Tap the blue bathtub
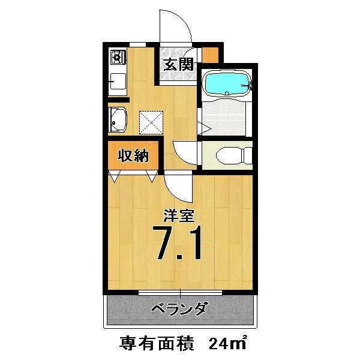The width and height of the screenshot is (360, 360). [x=226, y=83]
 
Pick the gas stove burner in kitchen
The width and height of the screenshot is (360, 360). [x=116, y=58]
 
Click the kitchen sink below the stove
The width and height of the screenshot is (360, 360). [x=116, y=82]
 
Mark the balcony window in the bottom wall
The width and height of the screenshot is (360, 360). [x=180, y=292]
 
